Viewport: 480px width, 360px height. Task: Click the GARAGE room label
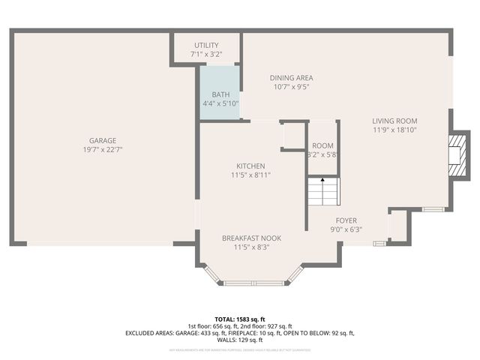[x=103, y=140]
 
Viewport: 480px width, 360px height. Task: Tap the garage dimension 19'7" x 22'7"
[x=103, y=149]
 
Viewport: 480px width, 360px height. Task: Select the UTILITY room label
[x=206, y=46]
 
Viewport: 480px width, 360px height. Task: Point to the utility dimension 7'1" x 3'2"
[x=206, y=55]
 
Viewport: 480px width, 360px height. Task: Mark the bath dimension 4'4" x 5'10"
[x=220, y=103]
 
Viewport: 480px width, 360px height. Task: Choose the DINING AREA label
[x=292, y=77]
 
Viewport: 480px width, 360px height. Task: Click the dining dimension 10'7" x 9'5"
[x=292, y=86]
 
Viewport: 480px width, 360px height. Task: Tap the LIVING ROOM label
[x=394, y=121]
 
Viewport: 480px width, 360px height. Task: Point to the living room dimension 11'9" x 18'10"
[x=394, y=130]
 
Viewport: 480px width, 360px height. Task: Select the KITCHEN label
[x=250, y=166]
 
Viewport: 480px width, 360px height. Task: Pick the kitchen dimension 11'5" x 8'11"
[x=250, y=175]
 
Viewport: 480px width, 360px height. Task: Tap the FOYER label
[x=346, y=220]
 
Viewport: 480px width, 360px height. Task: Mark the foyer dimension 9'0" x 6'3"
[x=346, y=229]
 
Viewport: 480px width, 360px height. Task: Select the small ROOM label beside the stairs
[x=323, y=145]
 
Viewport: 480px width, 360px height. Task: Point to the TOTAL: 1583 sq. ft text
[x=239, y=319]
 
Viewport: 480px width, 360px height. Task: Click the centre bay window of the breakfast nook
[x=253, y=283]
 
